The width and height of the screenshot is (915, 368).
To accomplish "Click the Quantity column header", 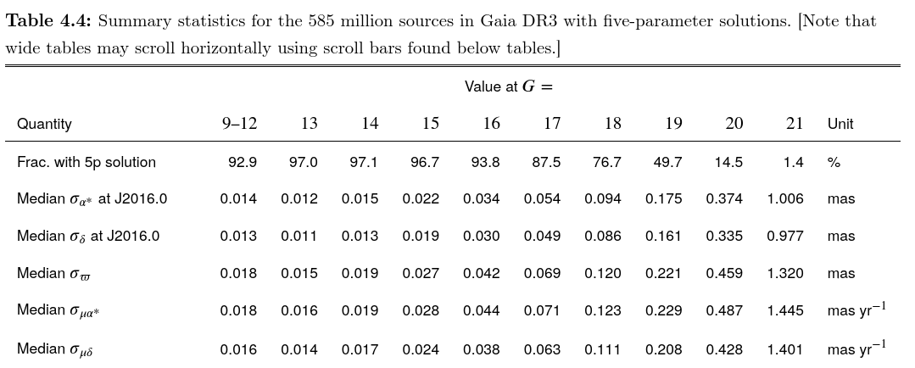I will tap(44, 124).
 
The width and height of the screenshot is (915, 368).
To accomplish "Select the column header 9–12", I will tap(239, 124).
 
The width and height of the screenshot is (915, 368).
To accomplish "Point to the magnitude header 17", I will tap(552, 124).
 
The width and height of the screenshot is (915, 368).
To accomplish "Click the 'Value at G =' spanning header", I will tap(509, 86).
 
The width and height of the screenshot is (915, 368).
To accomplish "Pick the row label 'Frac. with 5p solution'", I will tap(86, 162).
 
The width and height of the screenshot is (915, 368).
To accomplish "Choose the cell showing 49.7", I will tap(667, 162).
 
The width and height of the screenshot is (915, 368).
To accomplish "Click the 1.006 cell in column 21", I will tap(784, 199).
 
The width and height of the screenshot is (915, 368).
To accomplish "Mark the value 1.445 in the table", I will tap(784, 311).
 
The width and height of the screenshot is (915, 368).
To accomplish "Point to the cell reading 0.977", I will tap(784, 237).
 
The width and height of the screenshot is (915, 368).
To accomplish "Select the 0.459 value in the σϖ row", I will tap(724, 274).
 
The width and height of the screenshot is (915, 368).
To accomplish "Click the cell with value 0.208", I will tap(663, 349).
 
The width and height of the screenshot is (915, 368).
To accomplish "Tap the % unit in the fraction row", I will tap(834, 162).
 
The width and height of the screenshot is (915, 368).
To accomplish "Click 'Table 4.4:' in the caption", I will tap(48, 21).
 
